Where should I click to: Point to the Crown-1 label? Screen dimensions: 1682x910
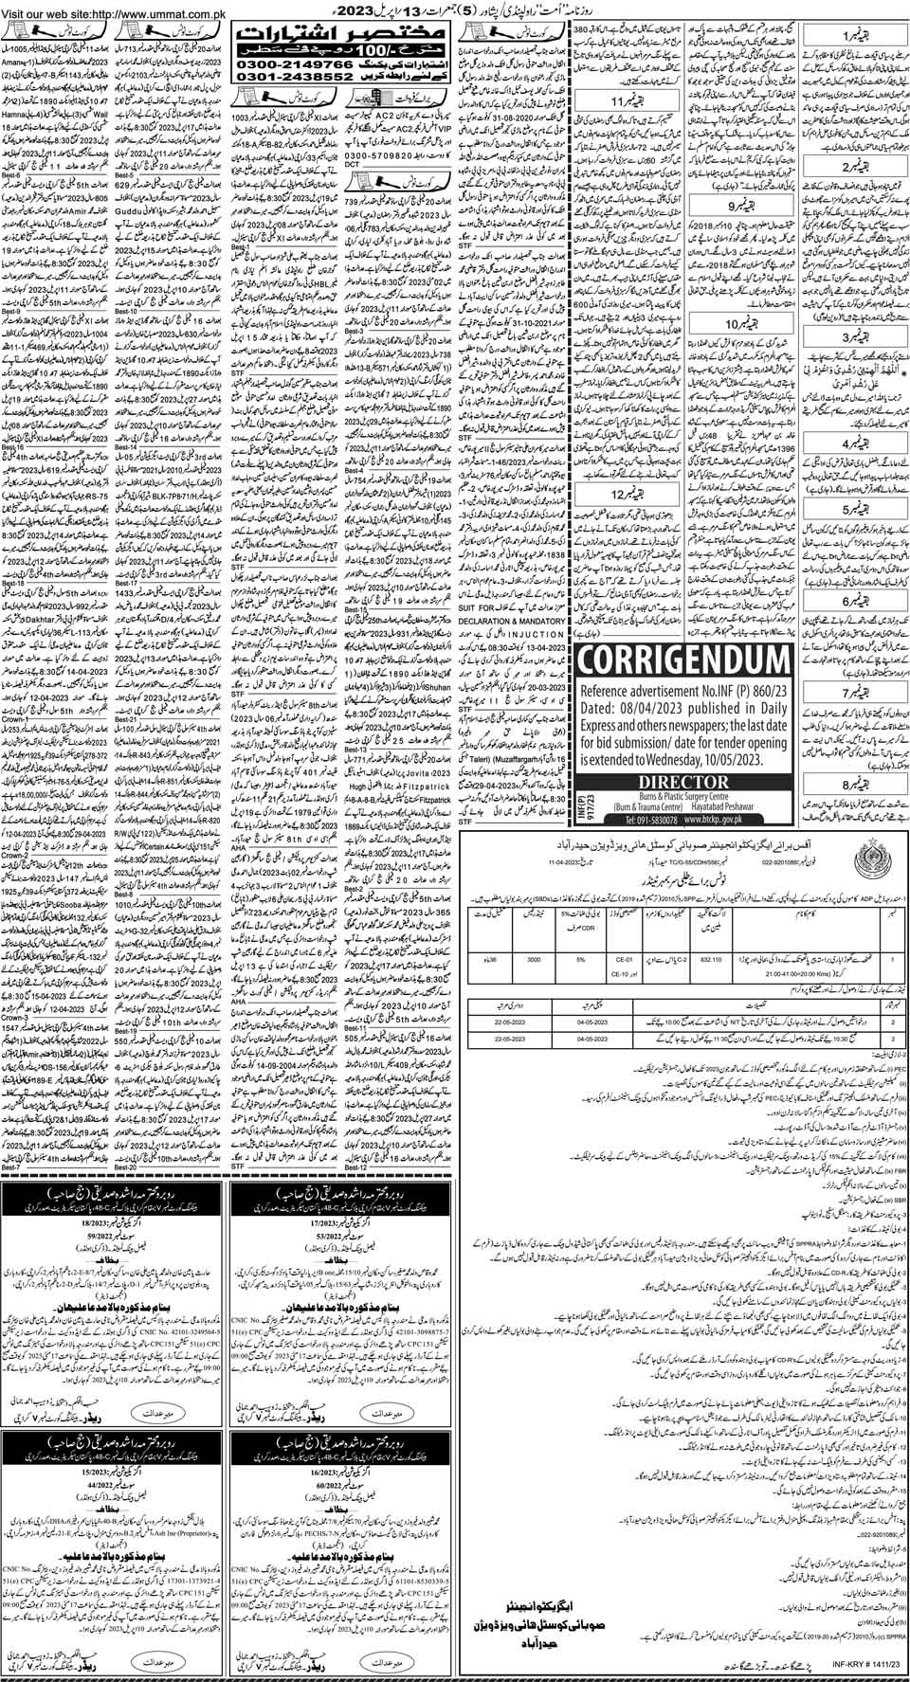click(x=17, y=745)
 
